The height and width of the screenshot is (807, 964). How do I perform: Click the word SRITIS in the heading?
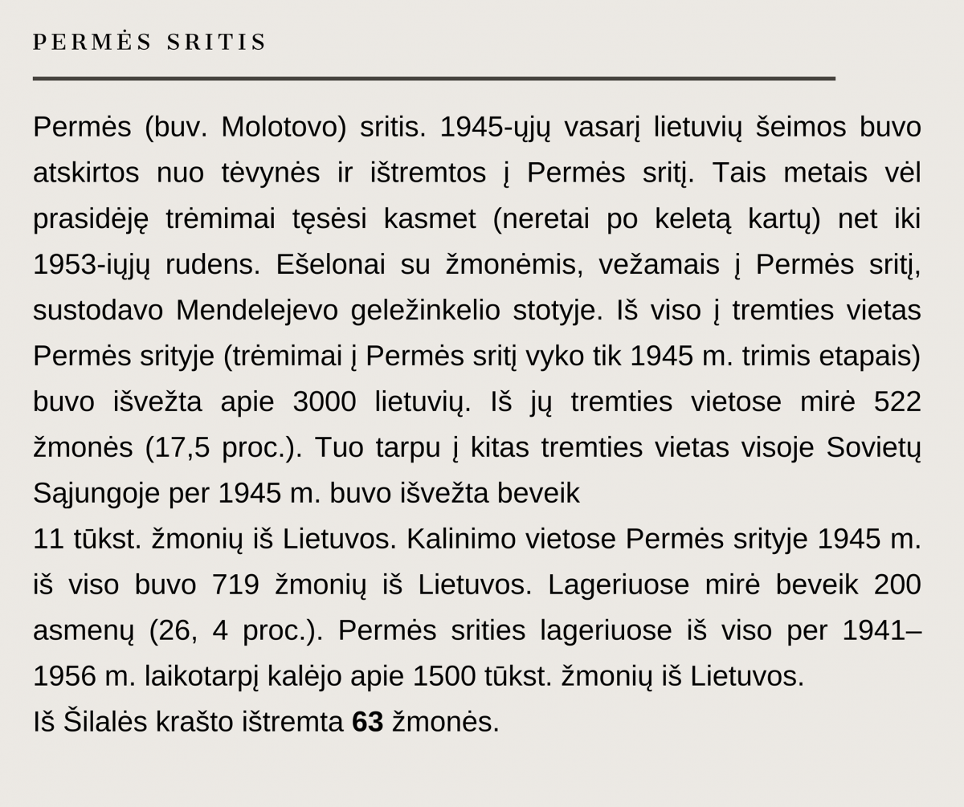(x=216, y=43)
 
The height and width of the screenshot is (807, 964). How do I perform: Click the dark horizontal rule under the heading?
(x=434, y=79)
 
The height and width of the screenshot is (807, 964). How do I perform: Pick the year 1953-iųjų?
(x=92, y=264)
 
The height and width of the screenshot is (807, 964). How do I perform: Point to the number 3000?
(x=324, y=401)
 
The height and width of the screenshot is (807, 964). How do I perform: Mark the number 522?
(x=897, y=401)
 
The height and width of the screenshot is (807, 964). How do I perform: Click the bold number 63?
(x=368, y=722)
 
